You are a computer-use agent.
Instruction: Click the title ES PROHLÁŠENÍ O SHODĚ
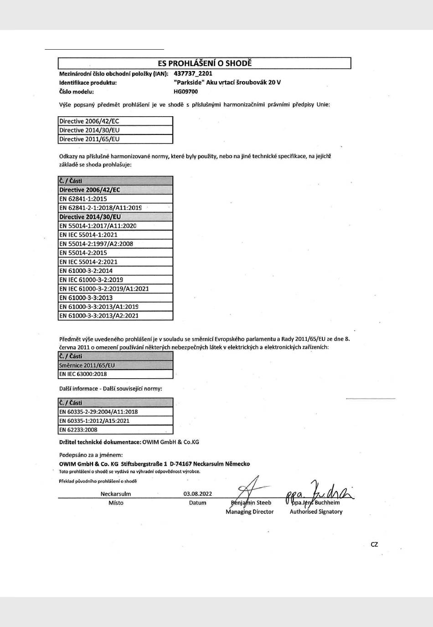[205, 63]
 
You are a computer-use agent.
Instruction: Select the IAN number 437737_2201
[193, 73]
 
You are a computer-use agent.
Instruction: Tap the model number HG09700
[186, 92]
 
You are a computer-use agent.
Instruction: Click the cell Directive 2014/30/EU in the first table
[89, 130]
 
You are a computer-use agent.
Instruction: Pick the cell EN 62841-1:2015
[83, 199]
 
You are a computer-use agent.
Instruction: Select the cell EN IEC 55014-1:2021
[88, 235]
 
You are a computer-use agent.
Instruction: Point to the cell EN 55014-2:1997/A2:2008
[96, 244]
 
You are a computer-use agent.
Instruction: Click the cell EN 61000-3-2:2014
[86, 271]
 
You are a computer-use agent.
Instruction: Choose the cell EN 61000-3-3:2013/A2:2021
[99, 316]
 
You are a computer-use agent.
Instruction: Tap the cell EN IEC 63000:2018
[83, 374]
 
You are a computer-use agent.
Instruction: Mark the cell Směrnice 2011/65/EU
[87, 365]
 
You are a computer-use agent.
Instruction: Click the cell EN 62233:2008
[78, 430]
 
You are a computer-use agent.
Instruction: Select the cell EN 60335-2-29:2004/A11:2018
[98, 412]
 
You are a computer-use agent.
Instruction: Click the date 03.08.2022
[198, 493]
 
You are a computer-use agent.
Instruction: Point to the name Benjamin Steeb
[251, 503]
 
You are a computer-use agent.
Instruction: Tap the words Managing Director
[249, 512]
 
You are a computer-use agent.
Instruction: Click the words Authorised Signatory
[316, 512]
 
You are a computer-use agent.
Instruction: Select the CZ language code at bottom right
[374, 545]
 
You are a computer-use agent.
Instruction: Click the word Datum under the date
[198, 503]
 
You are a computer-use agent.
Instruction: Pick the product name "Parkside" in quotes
[189, 82]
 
